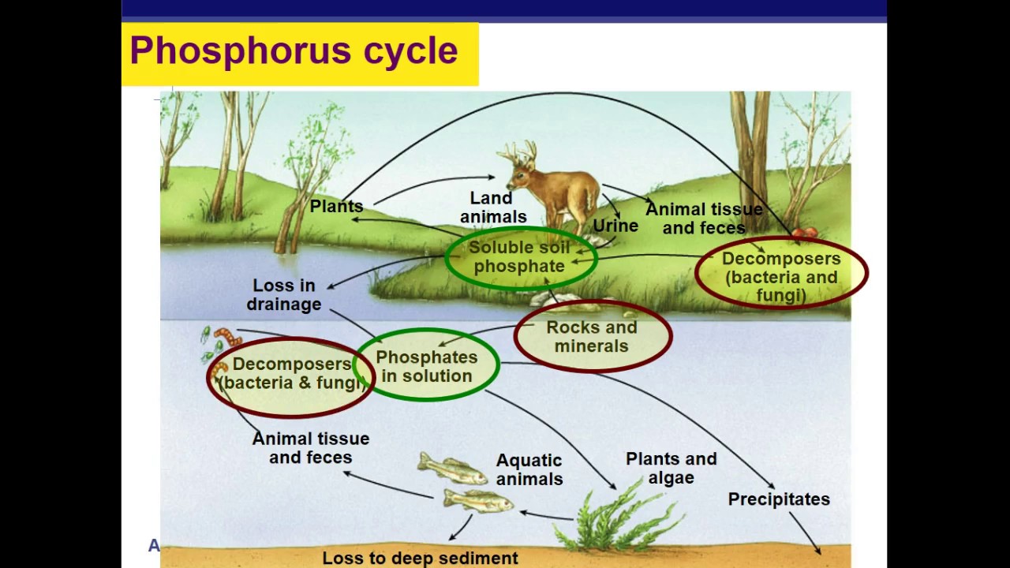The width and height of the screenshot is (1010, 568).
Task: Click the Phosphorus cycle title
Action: [294, 51]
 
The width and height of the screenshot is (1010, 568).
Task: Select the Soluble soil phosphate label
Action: [519, 257]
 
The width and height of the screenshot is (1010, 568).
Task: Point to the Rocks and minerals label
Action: [592, 337]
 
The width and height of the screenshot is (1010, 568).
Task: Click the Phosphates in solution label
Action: [427, 367]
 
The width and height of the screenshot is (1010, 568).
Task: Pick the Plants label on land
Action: [337, 207]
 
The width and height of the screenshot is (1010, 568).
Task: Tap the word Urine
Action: [615, 226]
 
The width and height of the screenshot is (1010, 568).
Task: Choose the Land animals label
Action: [493, 207]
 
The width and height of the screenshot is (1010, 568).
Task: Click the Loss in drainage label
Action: [284, 295]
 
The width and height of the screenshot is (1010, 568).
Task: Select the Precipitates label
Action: [779, 499]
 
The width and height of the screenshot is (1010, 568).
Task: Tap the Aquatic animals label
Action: [529, 469]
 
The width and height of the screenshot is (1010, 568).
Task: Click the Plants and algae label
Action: [671, 468]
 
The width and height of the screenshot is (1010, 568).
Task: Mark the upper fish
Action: [452, 469]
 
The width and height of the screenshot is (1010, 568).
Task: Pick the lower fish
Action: [477, 500]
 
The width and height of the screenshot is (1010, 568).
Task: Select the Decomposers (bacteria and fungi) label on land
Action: [781, 277]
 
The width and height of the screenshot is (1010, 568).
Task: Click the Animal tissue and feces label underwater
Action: [311, 448]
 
